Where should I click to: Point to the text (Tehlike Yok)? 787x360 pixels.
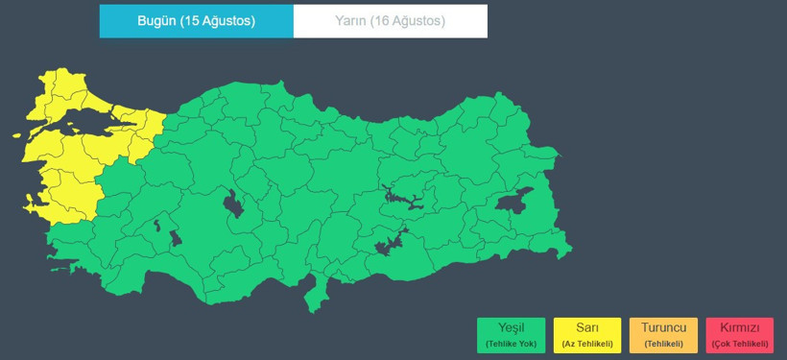pyautogui.click(x=511, y=344)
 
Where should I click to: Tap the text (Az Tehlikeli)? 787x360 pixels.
pyautogui.click(x=586, y=344)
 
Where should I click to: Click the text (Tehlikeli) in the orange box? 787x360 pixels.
pyautogui.click(x=663, y=344)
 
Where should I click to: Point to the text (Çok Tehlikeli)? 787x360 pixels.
pyautogui.click(x=739, y=344)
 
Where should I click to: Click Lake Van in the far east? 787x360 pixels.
pyautogui.click(x=514, y=201)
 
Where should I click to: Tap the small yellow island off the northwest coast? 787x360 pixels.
pyautogui.click(x=18, y=134)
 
